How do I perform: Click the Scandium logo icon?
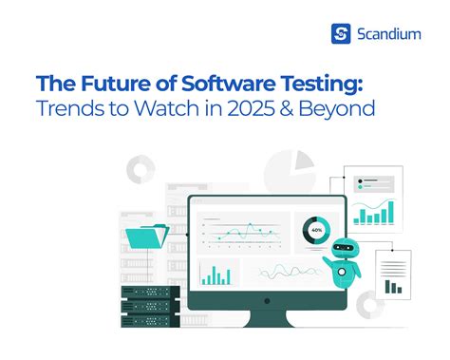pyautogui.click(x=341, y=35)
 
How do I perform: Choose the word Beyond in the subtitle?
pyautogui.click(x=338, y=108)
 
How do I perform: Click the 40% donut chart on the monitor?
pyautogui.click(x=315, y=230)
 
